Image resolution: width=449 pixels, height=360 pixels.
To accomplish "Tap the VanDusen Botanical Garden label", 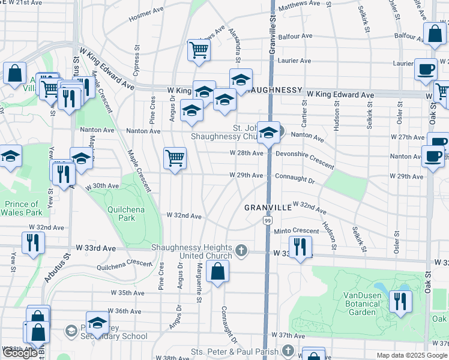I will (x=368, y=303).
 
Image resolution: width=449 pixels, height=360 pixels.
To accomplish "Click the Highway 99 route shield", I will (x=266, y=222).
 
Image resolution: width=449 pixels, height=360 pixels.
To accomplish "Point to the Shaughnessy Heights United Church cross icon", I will (x=241, y=251).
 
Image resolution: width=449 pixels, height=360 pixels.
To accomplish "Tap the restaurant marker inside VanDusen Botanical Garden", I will (x=400, y=301).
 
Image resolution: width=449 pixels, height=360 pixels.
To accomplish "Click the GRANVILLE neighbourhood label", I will (x=268, y=207).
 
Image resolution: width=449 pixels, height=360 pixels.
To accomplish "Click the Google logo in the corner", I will (x=20, y=353).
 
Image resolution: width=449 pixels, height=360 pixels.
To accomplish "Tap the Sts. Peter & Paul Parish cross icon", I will (x=288, y=350).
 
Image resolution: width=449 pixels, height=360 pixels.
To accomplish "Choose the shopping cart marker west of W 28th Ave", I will (x=175, y=158).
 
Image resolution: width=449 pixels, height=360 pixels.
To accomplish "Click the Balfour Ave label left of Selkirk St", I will (x=298, y=36).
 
